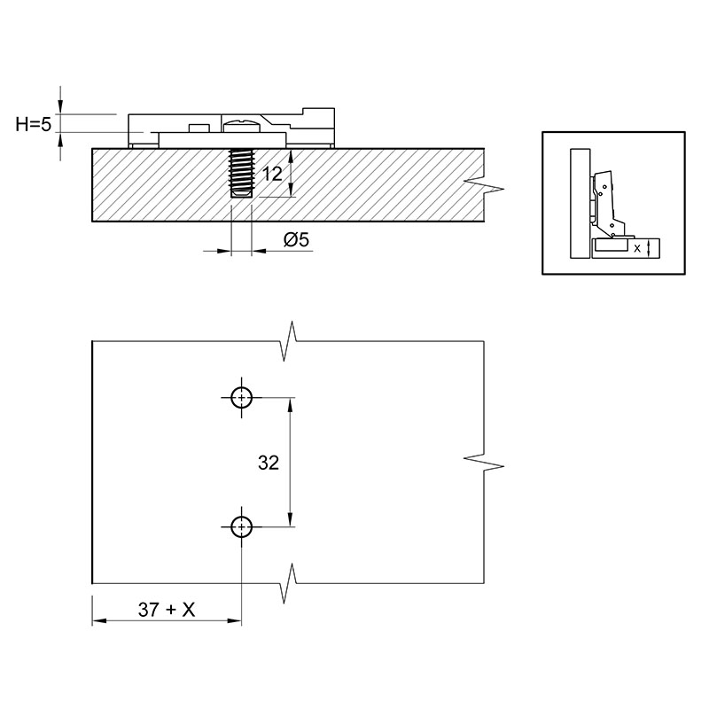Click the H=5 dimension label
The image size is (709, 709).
34,123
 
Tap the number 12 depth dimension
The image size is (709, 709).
272,174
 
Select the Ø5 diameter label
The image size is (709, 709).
297,239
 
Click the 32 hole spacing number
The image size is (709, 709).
269,463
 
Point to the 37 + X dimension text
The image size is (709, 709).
167,610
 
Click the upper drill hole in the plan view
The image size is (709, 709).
241,398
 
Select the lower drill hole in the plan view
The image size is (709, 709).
241,526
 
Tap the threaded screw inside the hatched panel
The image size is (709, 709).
241,173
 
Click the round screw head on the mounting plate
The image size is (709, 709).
241,125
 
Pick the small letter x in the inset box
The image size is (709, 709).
637,248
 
